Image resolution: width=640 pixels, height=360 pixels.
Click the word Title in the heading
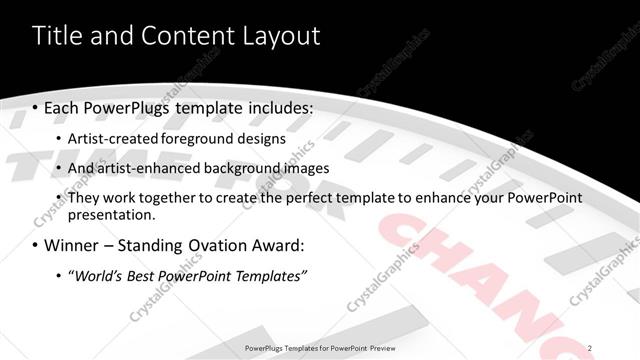57,37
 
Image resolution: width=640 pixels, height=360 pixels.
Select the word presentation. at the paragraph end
112,215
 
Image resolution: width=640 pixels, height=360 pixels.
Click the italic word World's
96,276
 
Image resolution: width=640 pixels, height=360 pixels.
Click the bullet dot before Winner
36,246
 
